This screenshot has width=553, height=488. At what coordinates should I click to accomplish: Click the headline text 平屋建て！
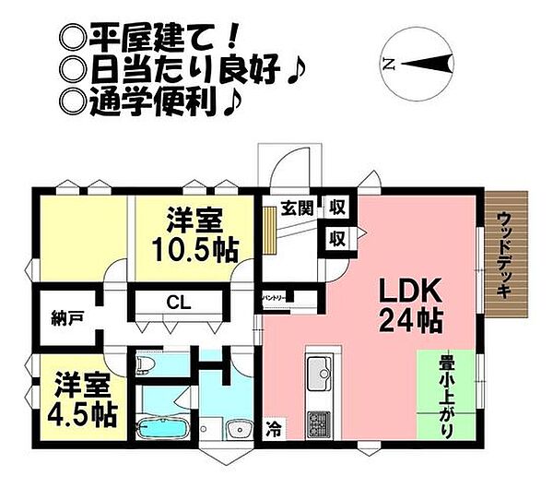[x=135, y=37]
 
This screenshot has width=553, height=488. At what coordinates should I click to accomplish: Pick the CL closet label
[x=179, y=302]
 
